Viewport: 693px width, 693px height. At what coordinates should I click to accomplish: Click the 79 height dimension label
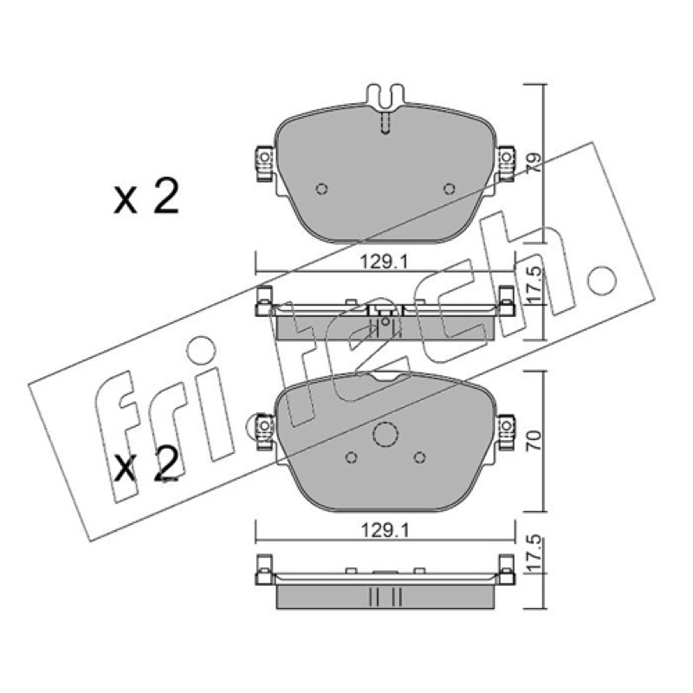[x=534, y=163]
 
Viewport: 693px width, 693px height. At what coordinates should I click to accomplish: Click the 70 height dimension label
[x=534, y=441]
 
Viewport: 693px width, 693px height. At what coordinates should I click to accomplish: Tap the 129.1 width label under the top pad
[x=384, y=262]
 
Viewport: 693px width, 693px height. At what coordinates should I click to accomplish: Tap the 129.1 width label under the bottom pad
[x=385, y=530]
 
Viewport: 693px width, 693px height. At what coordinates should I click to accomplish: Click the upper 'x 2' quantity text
[x=146, y=197]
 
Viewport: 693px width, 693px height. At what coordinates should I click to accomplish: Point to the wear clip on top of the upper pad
[x=385, y=97]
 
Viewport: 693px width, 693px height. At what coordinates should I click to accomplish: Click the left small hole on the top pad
[x=321, y=189]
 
